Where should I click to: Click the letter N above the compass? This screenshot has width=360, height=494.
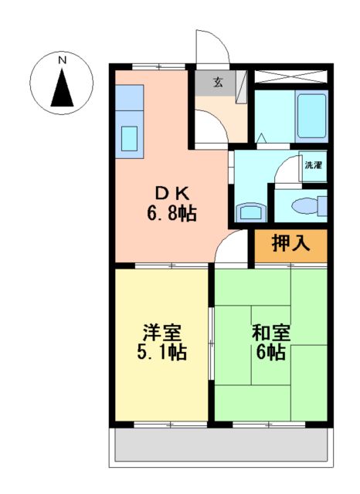[x=63, y=59]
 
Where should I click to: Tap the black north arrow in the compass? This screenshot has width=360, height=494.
[x=63, y=86]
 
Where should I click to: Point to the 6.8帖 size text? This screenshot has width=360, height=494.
[x=172, y=212]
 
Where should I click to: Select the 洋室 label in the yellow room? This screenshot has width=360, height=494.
[x=162, y=333]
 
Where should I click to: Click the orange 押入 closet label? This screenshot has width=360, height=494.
[x=291, y=244]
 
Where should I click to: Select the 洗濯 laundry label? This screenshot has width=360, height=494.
[x=313, y=164]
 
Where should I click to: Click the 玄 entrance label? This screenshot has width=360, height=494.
[x=219, y=83]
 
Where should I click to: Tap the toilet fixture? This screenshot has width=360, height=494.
[x=309, y=205]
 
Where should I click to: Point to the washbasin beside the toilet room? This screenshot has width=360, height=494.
[x=249, y=211]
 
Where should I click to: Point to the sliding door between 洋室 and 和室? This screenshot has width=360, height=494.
[x=211, y=343]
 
